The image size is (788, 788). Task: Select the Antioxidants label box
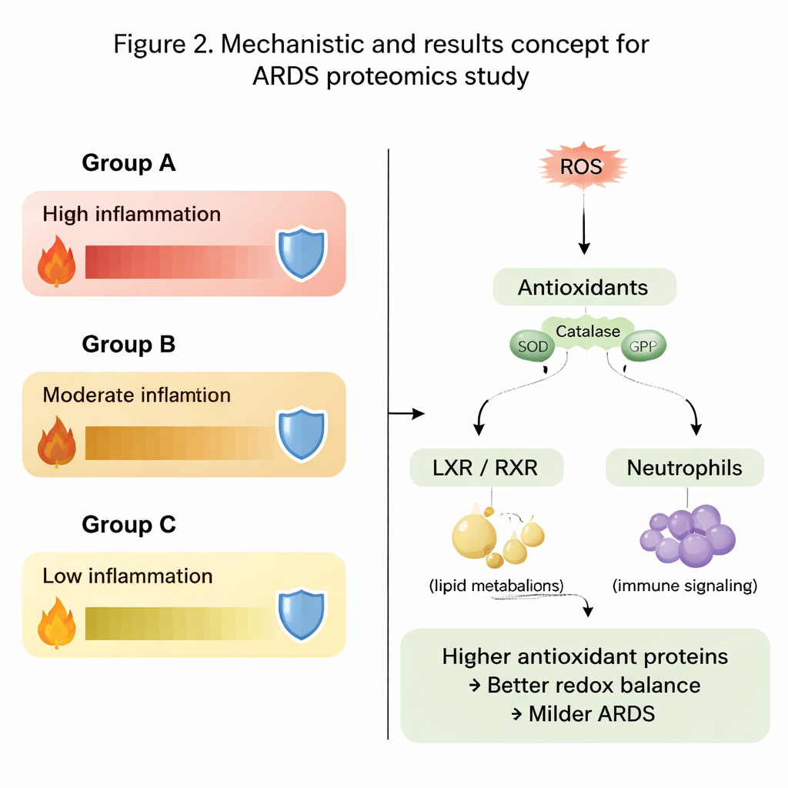583,289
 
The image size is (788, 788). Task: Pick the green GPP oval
643,346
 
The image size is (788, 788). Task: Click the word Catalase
588,332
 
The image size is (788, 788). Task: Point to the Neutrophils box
684,467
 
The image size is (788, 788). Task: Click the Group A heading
129,163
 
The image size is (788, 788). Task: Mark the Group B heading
129,344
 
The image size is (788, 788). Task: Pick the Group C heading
129,525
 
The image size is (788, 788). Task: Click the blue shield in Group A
301,253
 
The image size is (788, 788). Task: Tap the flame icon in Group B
57,442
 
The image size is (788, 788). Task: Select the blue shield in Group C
301,615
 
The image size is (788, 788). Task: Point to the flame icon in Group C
57,623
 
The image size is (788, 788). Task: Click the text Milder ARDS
591,713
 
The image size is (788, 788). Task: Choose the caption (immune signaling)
684,586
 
